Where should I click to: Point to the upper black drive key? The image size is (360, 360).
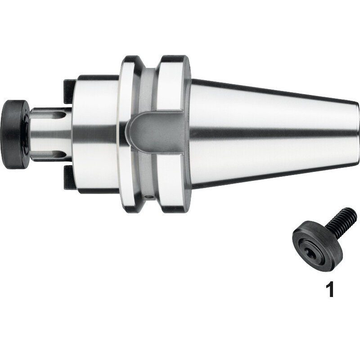69,91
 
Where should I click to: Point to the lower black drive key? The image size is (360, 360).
69,178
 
